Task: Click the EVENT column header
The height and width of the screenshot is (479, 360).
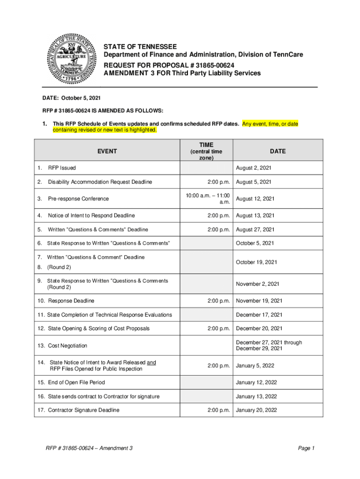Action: point(107,151)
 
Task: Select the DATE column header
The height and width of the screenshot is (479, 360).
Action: point(277,151)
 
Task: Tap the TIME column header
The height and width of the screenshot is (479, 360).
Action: point(206,145)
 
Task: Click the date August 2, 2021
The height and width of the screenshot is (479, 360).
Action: point(254,168)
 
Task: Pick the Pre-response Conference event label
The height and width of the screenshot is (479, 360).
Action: point(78,199)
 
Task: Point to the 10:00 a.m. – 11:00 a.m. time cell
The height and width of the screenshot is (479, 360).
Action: point(206,199)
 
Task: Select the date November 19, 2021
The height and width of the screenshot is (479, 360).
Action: point(259,301)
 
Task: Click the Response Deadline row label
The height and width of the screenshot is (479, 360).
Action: point(71,301)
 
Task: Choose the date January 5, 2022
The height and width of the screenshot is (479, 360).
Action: point(255,365)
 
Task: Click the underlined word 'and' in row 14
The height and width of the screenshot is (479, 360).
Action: point(151,362)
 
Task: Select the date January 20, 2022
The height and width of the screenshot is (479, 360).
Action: point(257,410)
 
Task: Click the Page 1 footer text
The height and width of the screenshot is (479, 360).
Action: point(306,448)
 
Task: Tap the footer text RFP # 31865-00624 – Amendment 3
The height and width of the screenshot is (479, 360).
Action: point(89,448)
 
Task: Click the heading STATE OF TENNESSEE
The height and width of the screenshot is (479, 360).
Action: point(140,47)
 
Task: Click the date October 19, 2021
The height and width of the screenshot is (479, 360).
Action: point(256,262)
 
